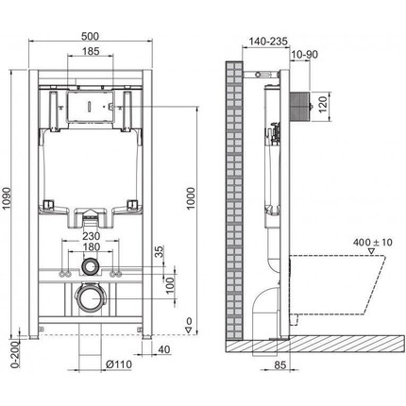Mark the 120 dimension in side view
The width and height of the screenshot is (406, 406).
322,101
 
